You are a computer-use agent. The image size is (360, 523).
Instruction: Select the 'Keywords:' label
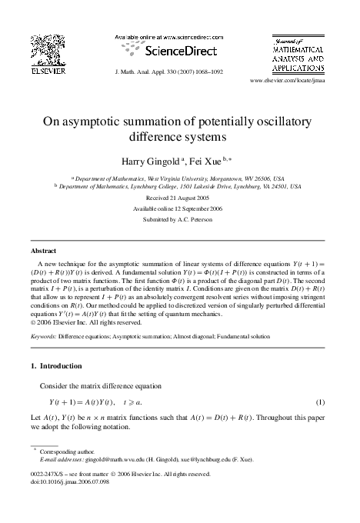point(43,336)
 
